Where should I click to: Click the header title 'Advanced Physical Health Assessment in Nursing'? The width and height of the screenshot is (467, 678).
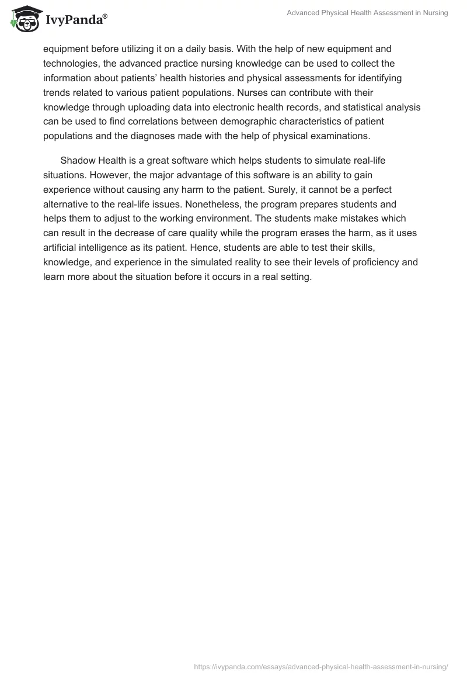click(367, 13)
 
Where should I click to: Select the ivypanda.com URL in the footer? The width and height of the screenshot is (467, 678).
click(320, 666)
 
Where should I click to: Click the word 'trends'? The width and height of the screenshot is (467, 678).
click(57, 93)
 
